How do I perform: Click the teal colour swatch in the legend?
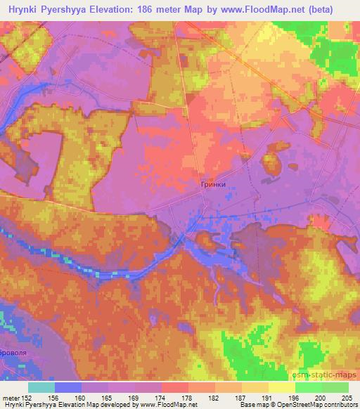click(x=41, y=387)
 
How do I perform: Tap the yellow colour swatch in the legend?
click(x=282, y=387)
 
